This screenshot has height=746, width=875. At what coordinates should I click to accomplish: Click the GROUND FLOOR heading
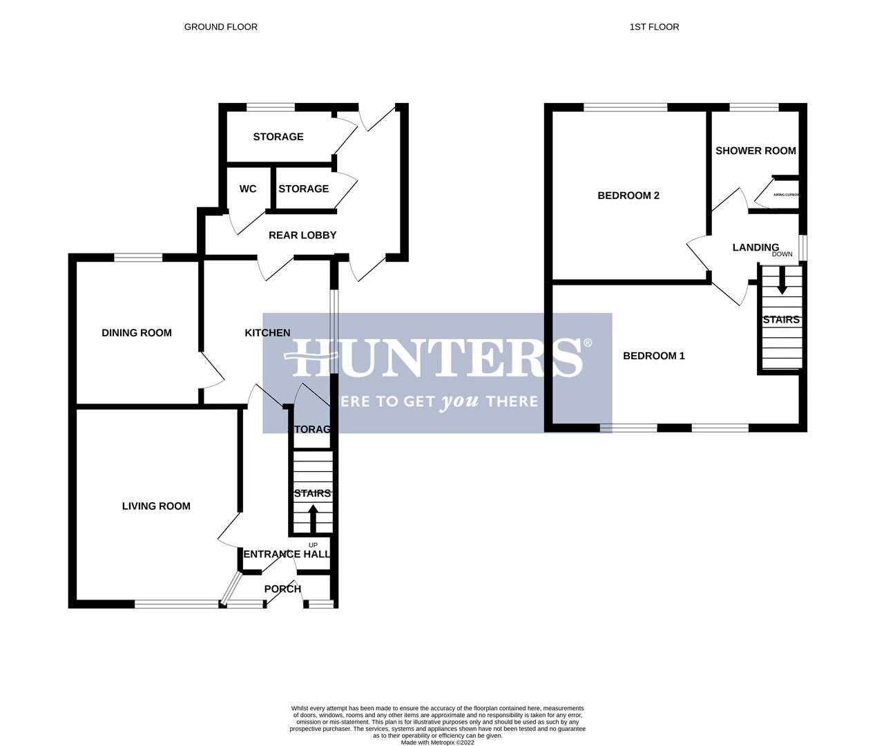220,27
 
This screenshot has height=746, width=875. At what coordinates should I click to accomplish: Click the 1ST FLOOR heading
654,27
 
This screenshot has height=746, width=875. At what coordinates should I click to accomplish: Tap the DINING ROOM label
137,333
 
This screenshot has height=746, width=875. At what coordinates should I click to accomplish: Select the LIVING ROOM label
156,506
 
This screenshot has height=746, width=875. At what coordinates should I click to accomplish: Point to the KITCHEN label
268,333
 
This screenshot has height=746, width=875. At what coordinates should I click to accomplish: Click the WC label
248,189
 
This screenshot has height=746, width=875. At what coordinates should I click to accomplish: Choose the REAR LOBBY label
302,236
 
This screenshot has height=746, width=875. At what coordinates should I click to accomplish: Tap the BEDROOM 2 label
628,195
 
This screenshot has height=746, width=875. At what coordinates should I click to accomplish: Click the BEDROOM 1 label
654,356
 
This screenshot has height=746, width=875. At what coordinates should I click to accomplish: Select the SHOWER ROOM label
756,151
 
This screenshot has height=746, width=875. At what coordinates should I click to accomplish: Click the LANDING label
756,247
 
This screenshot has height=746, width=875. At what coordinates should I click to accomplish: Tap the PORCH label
283,589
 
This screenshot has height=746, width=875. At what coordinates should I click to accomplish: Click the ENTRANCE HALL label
287,554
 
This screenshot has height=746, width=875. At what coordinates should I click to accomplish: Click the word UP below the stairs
313,545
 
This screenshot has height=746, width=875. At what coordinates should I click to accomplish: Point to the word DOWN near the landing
782,254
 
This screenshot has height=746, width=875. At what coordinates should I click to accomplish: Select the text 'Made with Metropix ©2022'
438,743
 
